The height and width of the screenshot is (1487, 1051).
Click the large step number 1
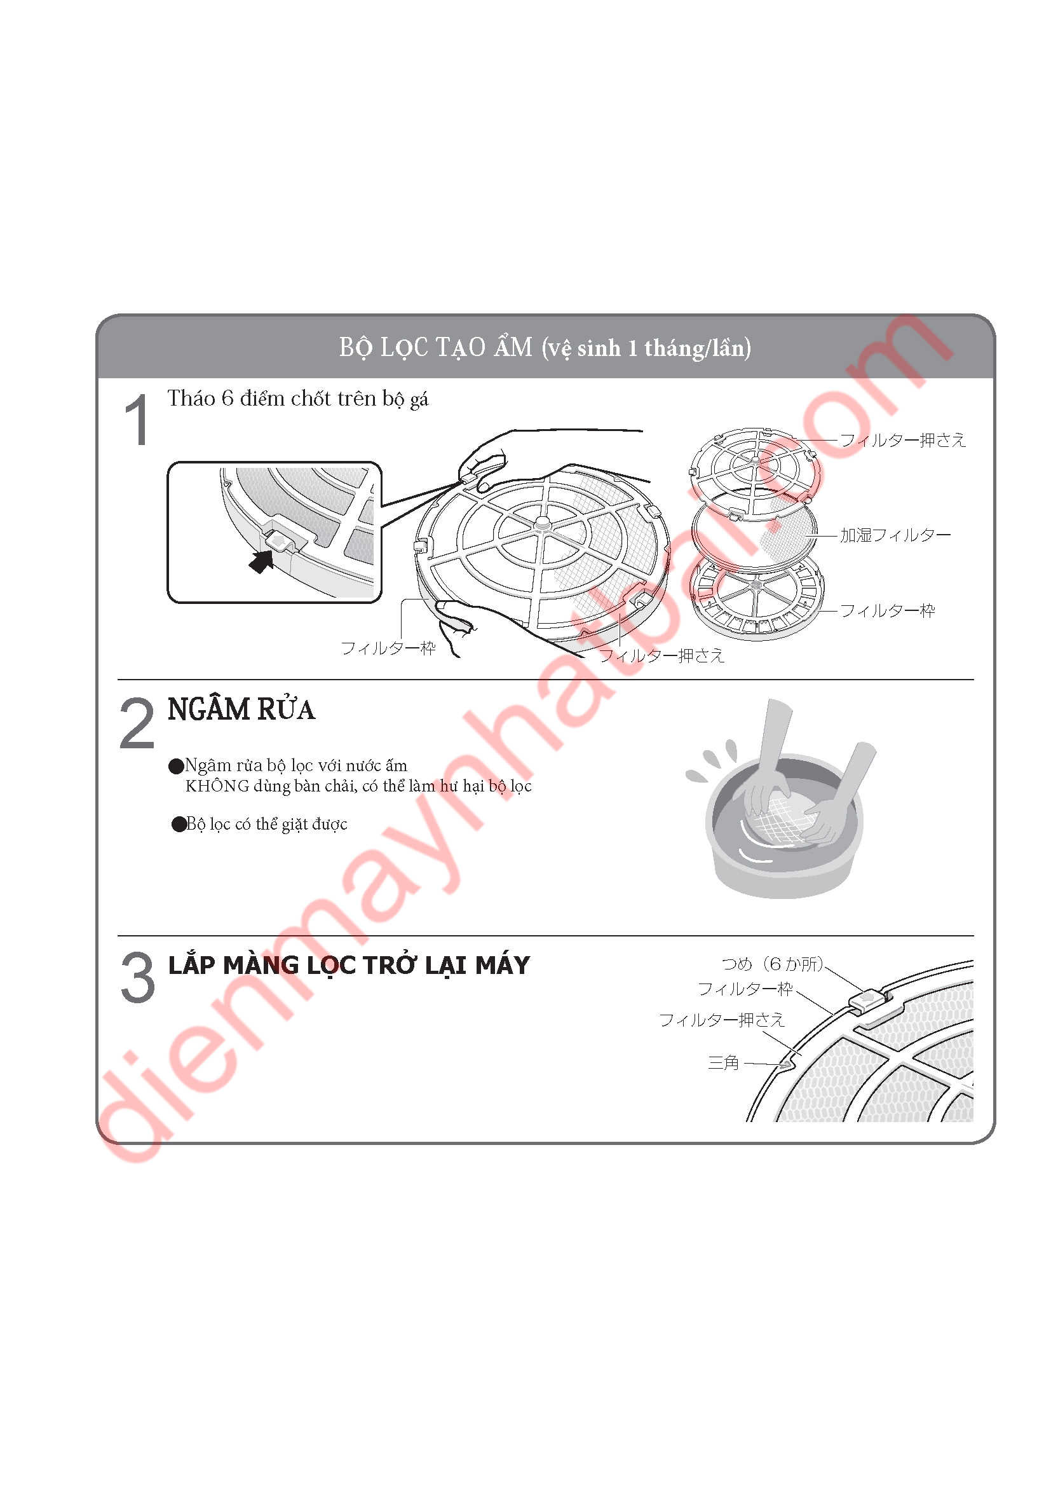(x=137, y=420)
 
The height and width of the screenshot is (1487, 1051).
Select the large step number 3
(x=138, y=977)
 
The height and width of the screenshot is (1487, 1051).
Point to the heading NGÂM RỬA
(x=241, y=710)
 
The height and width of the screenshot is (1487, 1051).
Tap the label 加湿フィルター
(x=895, y=535)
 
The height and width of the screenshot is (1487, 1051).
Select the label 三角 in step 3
(x=724, y=1063)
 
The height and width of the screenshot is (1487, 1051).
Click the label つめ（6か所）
(x=773, y=964)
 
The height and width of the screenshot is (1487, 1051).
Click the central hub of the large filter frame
(x=541, y=523)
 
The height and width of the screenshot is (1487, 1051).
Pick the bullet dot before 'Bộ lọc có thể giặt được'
(x=179, y=825)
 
